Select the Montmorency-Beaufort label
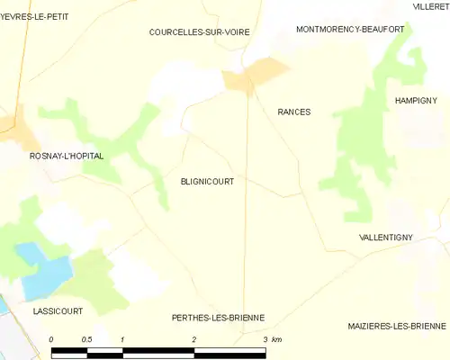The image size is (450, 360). [x=350, y=29]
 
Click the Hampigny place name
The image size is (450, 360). [x=416, y=101]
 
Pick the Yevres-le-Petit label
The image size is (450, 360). [x=35, y=16]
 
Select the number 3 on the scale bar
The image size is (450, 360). [x=264, y=339]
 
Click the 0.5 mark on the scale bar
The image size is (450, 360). [x=86, y=339]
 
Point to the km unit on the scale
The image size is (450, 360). [x=277, y=339]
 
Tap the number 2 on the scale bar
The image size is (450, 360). [x=193, y=339]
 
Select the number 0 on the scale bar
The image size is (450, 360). [x=51, y=339]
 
